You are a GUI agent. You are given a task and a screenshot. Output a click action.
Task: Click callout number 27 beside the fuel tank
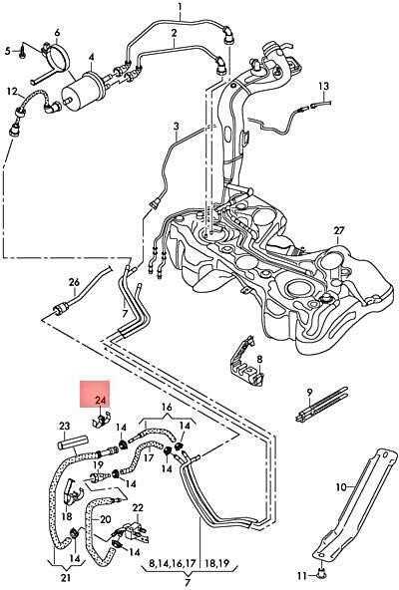click(x=339, y=230)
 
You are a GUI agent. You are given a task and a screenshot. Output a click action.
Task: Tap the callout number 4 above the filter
click(x=92, y=58)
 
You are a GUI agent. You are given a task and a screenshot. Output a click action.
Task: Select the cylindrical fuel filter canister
click(x=83, y=92)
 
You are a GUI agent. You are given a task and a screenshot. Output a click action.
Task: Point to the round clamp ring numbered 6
click(x=57, y=57)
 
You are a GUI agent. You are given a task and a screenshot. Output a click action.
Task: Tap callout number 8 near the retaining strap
click(x=259, y=359)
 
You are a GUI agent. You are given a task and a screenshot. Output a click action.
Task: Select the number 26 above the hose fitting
click(x=74, y=282)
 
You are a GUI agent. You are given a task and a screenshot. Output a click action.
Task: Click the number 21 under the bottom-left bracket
click(x=65, y=578)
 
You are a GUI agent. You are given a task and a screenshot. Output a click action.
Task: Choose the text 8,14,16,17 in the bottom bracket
click(x=173, y=564)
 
